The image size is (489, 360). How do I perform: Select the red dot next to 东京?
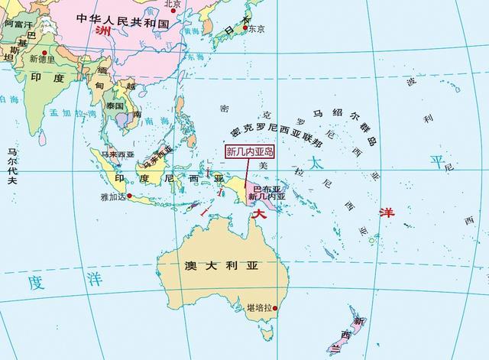click(244, 29)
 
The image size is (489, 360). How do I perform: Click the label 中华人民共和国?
click(123, 23)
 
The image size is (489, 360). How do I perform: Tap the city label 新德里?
click(42, 59)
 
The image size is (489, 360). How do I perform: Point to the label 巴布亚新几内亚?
click(268, 192)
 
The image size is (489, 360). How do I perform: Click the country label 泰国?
click(116, 105)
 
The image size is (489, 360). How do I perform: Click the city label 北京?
click(173, 4)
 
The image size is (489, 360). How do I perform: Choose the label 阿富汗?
click(18, 24)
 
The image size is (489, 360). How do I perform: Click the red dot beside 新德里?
click(25, 59)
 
